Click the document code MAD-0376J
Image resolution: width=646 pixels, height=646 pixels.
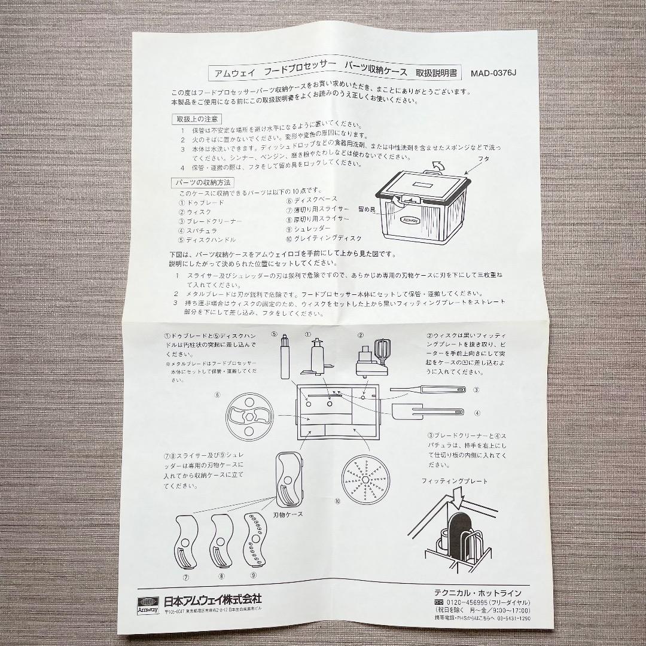click(x=493, y=74)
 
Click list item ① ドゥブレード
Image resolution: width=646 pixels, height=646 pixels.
click(x=202, y=203)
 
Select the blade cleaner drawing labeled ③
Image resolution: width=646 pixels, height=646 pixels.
click(x=428, y=390)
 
